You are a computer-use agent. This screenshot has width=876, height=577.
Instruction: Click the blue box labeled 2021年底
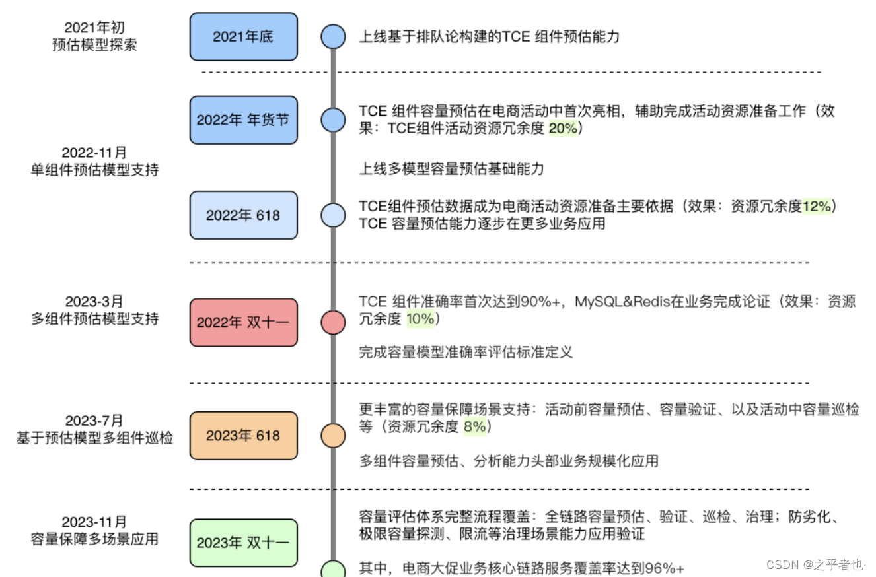pos(243,36)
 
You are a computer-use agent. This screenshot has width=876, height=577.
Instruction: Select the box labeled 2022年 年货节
pos(243,120)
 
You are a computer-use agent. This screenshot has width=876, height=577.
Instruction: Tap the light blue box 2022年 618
pos(243,215)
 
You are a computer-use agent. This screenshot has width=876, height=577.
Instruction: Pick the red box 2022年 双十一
pos(243,322)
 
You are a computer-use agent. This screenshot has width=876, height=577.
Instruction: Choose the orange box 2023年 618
pos(243,436)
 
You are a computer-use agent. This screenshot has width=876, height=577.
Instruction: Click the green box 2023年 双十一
pos(243,543)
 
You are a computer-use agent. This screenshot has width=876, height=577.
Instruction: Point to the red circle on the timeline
pos(333,322)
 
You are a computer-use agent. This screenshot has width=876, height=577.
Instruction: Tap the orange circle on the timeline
pos(333,436)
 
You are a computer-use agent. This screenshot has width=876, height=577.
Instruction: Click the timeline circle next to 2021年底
pos(333,36)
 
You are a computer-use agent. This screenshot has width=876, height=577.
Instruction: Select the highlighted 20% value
pos(563,129)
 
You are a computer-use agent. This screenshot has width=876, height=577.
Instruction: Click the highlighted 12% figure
pos(817,207)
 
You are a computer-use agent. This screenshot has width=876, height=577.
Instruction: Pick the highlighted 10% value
pos(421,320)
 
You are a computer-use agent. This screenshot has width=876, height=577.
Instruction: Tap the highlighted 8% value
pos(474,426)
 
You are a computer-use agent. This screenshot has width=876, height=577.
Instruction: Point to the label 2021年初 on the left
pos(94,28)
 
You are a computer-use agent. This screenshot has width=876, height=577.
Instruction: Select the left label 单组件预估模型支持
pos(94,170)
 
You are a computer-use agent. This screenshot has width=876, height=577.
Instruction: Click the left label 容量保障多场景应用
pos(94,539)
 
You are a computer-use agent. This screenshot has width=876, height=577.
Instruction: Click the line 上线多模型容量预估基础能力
pos(451,169)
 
